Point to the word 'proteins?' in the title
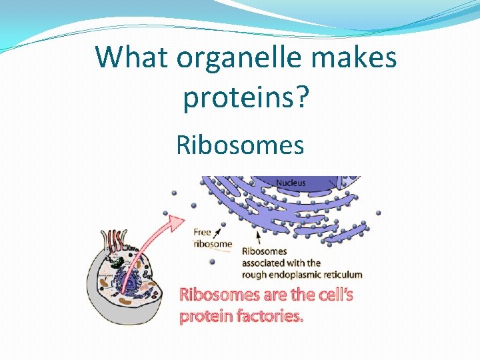(246, 97)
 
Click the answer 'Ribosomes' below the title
(240, 144)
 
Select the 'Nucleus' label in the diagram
(291, 183)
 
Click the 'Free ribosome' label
(212, 238)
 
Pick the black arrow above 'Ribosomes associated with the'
(259, 237)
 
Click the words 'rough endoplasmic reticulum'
(302, 274)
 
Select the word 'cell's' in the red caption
(327, 295)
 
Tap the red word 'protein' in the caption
(203, 317)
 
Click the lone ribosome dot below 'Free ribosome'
(212, 261)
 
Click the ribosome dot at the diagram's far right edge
(378, 213)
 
